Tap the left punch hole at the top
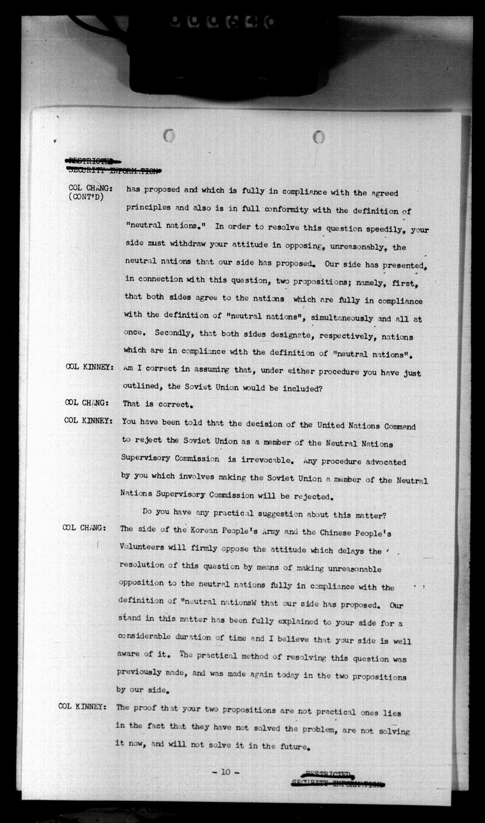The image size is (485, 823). point(168,136)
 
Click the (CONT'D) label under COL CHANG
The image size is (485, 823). point(86,197)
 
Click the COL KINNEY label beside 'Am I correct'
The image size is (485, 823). point(89,367)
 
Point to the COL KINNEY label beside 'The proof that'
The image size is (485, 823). point(82,707)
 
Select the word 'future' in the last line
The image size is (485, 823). point(291,747)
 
